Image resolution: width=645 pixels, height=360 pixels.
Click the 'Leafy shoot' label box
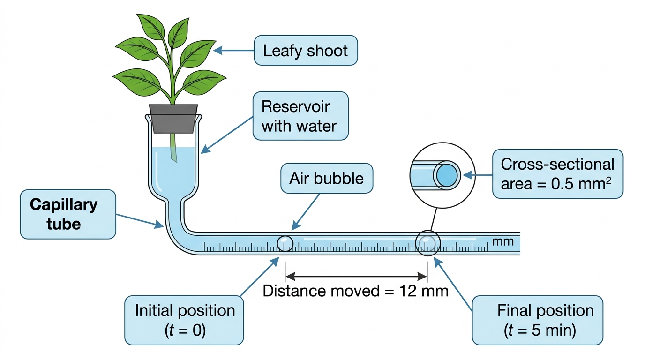[x=306, y=51]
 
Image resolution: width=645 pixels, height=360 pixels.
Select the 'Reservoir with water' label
[x=300, y=116]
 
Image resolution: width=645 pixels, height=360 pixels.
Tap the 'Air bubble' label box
[x=327, y=178]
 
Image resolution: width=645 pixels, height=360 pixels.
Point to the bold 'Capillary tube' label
[x=68, y=214]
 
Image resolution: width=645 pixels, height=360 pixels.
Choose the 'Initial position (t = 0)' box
[x=184, y=320]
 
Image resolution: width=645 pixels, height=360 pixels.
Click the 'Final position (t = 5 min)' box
[x=538, y=320]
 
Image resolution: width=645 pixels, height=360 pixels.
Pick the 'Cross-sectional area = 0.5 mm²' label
[x=558, y=173]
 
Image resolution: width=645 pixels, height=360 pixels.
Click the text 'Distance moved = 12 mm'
[x=356, y=291]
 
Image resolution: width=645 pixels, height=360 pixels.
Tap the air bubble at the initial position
[x=285, y=243]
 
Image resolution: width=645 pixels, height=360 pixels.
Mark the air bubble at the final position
[x=427, y=243]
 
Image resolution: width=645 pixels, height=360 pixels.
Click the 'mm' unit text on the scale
[x=503, y=241]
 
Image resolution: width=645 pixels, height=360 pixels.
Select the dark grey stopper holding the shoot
[x=173, y=119]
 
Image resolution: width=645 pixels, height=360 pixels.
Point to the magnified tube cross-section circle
[x=442, y=142]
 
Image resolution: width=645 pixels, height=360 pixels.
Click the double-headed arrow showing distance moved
[x=356, y=277]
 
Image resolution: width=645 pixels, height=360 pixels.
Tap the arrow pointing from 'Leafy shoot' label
[x=233, y=51]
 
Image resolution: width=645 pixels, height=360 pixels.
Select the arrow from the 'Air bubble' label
[x=306, y=212]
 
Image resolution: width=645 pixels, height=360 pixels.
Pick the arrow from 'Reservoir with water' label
[x=226, y=135]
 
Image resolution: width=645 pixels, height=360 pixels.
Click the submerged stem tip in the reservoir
[x=174, y=159]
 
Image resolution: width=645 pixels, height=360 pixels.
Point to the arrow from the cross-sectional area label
[x=478, y=175]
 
